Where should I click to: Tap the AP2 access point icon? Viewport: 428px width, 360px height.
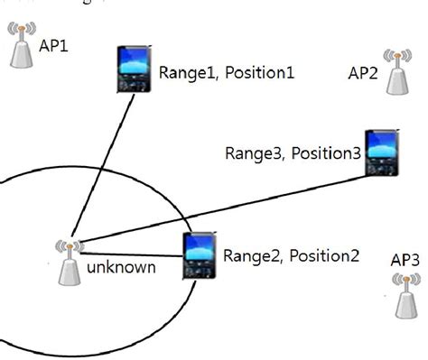point(396,72)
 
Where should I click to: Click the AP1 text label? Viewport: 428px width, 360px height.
point(53,43)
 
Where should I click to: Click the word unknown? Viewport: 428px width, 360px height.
point(121,268)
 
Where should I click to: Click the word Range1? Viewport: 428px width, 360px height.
point(185,72)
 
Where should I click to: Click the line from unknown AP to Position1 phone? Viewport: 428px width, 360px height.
point(107,162)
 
